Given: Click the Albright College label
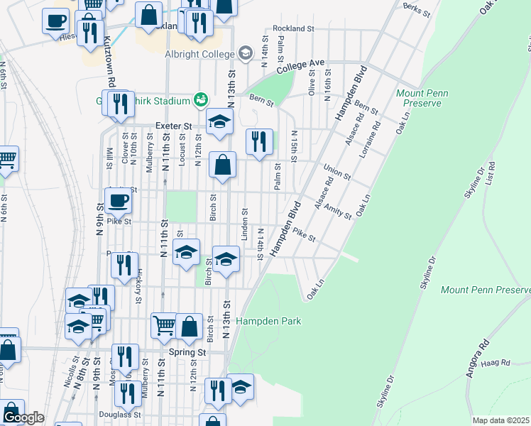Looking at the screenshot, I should [x=200, y=54].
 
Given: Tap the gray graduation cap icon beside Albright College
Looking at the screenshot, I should [x=246, y=53].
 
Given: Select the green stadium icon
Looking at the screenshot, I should [x=201, y=100].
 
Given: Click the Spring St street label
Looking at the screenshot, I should [x=187, y=351].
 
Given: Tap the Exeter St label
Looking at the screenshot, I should [x=174, y=126].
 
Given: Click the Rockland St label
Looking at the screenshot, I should [x=292, y=28].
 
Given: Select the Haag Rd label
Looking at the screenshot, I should [x=496, y=363].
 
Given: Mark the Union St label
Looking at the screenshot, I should [x=336, y=173].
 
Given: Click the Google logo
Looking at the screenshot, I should [x=23, y=417].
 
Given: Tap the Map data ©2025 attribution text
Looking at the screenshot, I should [x=501, y=420].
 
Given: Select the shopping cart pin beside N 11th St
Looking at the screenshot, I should [x=164, y=325].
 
